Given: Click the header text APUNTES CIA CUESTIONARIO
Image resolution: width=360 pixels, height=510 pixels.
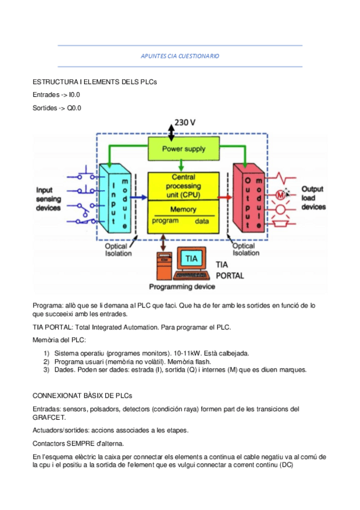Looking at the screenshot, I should point(180,56).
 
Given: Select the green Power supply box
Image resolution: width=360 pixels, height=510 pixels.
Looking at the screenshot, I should point(183,148).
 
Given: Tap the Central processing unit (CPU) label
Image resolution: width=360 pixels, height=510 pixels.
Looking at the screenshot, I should point(183,186).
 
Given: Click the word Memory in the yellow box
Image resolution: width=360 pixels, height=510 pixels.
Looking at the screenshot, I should point(183,210).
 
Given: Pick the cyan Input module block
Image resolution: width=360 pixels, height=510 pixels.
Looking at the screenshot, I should point(115,198).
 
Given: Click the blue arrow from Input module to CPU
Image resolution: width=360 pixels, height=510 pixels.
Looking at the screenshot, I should point(138,196).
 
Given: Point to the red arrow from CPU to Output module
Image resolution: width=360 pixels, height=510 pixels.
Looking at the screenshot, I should point(225,196).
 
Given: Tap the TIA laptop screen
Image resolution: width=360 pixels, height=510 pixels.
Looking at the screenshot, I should point(191,259).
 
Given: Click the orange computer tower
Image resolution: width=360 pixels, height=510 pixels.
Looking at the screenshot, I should point(162,265).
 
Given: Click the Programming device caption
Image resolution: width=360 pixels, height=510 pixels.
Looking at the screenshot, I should point(182,287).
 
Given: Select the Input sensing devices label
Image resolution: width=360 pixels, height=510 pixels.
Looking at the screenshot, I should point(49,198).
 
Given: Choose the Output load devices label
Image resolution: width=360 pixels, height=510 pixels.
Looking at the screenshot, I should point(313,197).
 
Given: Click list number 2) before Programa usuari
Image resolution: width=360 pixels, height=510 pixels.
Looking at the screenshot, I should point(46,361).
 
